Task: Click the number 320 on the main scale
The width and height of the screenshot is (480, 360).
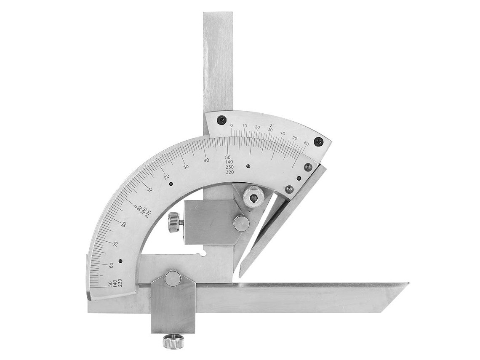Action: coord(229,172)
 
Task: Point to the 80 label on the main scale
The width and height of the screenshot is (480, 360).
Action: coord(124,224)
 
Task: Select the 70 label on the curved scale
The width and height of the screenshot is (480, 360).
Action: coord(115,244)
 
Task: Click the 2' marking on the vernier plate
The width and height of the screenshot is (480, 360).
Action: coord(271,125)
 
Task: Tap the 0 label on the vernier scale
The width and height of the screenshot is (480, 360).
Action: coord(232,125)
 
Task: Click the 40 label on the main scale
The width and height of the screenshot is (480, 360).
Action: coord(206,160)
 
